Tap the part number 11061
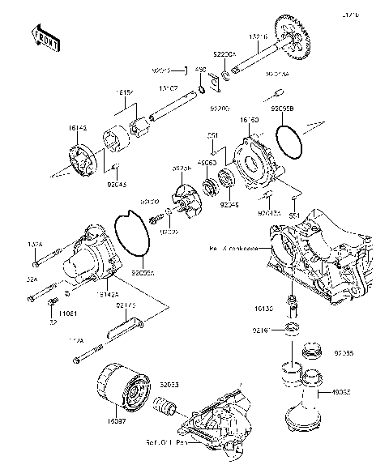tap(68, 311)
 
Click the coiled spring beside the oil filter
tap(165, 410)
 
